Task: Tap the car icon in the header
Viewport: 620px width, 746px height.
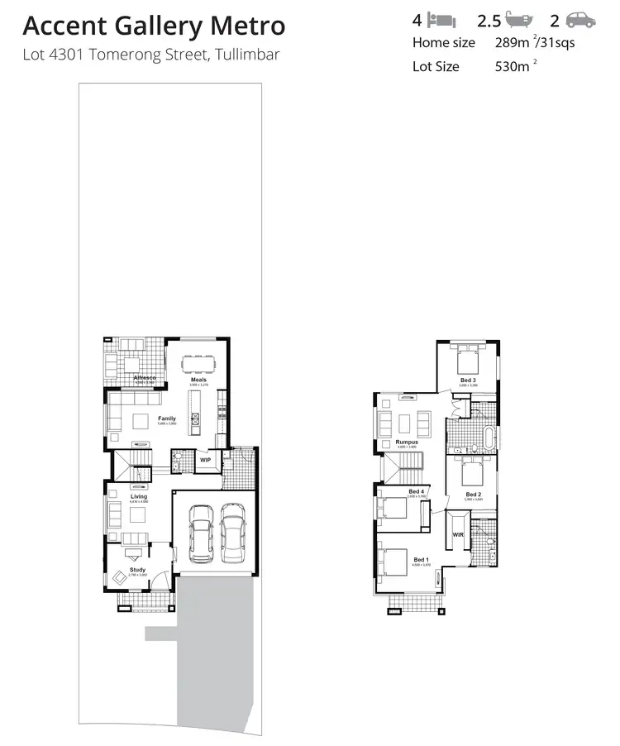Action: pos(580,21)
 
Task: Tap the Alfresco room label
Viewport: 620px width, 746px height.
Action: pos(145,378)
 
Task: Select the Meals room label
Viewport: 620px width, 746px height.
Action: pos(198,380)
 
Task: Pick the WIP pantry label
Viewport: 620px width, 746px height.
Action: pos(205,460)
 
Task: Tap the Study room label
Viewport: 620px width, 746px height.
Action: pos(137,570)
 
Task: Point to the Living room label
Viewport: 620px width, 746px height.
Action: pos(139,496)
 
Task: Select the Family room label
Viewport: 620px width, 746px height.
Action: pos(167,418)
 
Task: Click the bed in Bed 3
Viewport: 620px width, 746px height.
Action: pos(467,360)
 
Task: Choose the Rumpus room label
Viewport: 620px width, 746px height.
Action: pos(406,442)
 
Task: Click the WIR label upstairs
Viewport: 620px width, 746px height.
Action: pos(457,535)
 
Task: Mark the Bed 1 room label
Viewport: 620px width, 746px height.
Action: pos(422,560)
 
